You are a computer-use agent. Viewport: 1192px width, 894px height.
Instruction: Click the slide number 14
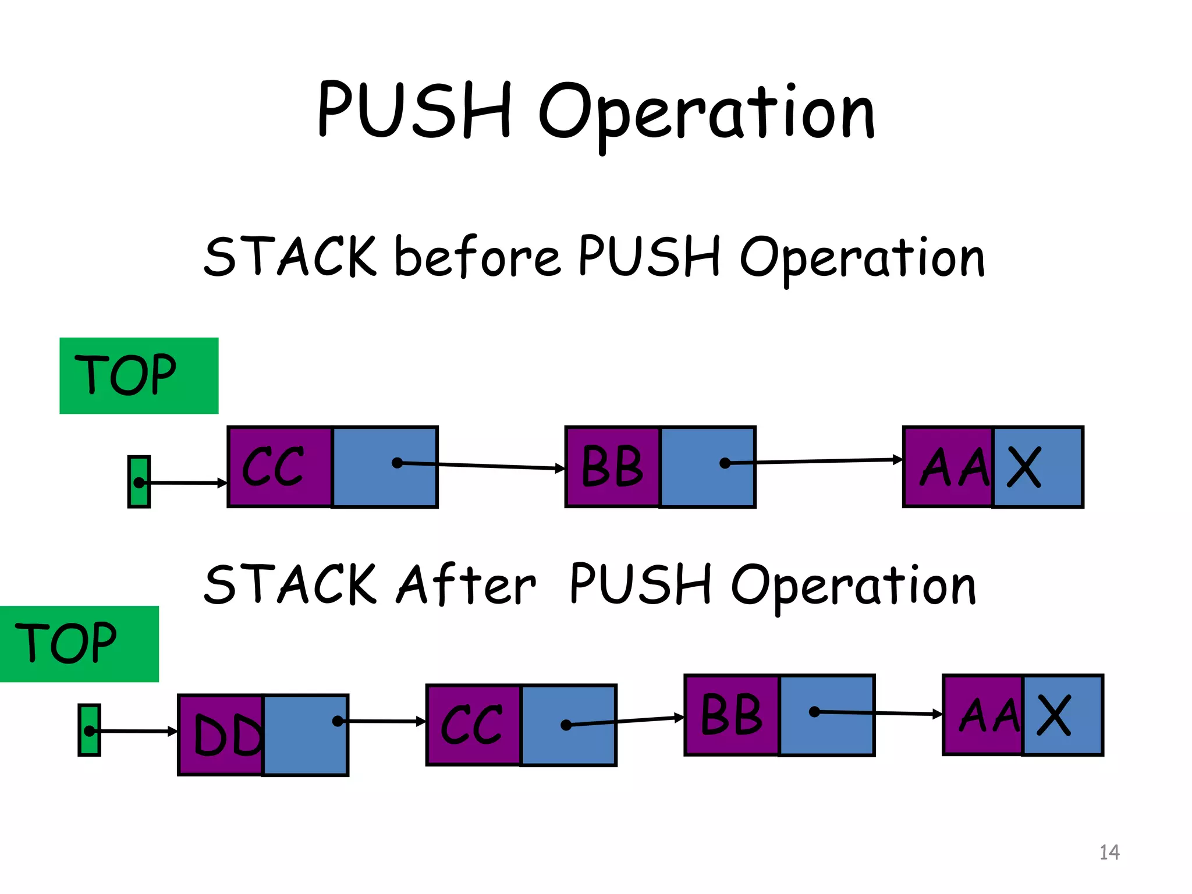click(x=1109, y=852)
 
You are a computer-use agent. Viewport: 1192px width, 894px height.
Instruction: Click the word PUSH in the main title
click(x=415, y=111)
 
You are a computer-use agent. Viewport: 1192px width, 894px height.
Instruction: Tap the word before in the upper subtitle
click(x=477, y=257)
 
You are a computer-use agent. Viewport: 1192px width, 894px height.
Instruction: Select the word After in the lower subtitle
click(x=466, y=584)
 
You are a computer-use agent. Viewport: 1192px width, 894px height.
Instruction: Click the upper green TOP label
click(x=139, y=375)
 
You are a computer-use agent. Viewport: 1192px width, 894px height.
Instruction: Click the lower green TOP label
click(x=79, y=644)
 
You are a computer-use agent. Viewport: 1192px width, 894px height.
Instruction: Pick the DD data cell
click(x=222, y=735)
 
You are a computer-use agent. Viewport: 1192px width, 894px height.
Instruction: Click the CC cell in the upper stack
click(x=279, y=466)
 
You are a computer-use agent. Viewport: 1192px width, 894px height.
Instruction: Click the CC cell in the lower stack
click(x=473, y=725)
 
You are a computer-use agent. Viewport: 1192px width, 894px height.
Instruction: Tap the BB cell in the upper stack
click(x=613, y=466)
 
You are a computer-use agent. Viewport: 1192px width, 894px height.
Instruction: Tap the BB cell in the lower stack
click(x=732, y=715)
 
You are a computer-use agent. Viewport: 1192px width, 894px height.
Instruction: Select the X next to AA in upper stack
click(x=1024, y=467)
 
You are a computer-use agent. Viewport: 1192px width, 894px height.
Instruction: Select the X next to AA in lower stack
click(x=1054, y=715)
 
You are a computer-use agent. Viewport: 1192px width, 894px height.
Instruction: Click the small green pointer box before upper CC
click(x=139, y=481)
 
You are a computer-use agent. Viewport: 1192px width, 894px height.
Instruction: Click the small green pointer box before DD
click(x=89, y=730)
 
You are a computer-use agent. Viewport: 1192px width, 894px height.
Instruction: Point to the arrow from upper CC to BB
click(x=483, y=466)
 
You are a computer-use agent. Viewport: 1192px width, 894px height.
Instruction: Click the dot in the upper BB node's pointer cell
click(x=725, y=463)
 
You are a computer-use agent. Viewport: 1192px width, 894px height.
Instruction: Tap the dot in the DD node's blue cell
click(x=337, y=721)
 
